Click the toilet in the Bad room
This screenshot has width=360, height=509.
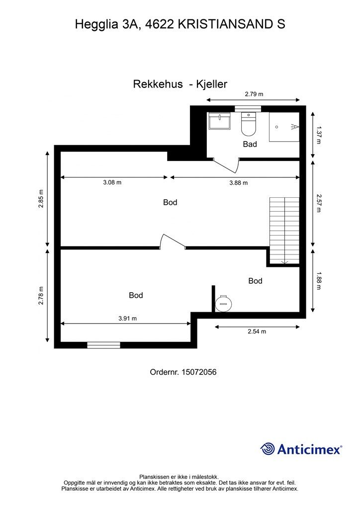click(x=248, y=125)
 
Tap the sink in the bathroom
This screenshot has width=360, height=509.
click(x=219, y=122)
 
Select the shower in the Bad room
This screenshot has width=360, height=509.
click(x=284, y=127)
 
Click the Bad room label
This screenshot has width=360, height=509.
click(x=250, y=144)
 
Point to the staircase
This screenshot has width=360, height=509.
click(x=284, y=229)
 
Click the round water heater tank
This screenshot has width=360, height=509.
click(x=222, y=302)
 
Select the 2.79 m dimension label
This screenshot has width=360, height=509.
click(x=254, y=93)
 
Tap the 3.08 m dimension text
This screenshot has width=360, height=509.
click(x=112, y=182)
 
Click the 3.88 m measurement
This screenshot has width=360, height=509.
click(x=239, y=183)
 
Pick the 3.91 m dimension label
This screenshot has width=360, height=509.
click(x=127, y=319)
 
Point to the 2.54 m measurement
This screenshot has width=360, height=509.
click(x=257, y=332)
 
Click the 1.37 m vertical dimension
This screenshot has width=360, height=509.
click(x=319, y=134)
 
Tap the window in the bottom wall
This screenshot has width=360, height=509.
click(x=103, y=345)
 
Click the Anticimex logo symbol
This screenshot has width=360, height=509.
click(x=268, y=449)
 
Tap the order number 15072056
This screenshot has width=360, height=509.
click(x=199, y=372)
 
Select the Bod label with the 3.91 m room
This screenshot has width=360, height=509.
click(x=136, y=295)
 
